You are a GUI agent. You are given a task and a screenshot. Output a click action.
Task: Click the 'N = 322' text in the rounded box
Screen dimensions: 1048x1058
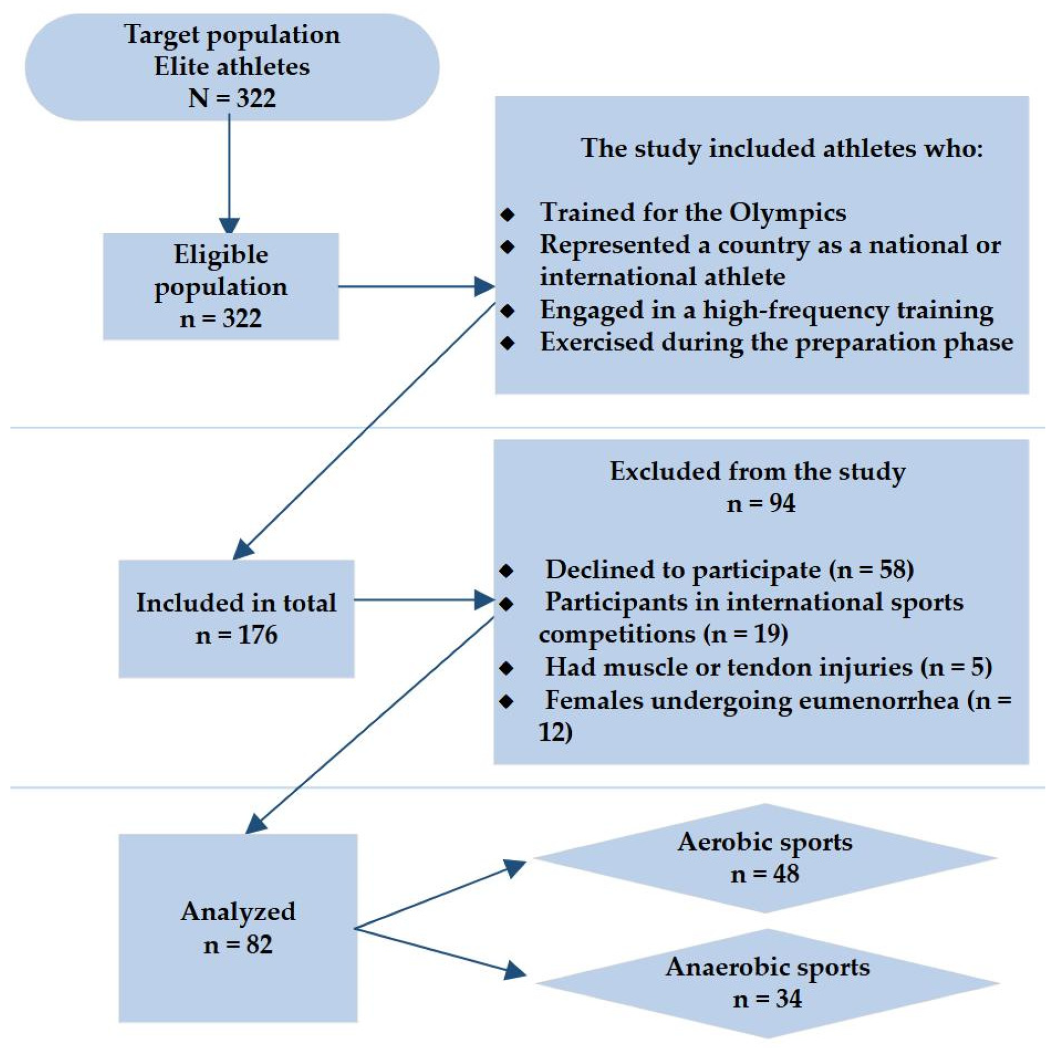(x=232, y=99)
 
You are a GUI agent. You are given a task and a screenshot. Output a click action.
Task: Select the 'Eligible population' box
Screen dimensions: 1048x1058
(x=221, y=286)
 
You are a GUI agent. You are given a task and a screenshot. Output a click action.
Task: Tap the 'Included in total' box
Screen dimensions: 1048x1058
(x=236, y=618)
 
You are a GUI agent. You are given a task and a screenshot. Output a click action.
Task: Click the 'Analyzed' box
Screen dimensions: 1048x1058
(x=238, y=928)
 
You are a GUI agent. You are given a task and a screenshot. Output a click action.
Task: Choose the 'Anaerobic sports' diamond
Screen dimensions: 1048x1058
(x=767, y=983)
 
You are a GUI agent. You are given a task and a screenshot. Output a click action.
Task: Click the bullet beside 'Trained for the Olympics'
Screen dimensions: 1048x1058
(x=508, y=214)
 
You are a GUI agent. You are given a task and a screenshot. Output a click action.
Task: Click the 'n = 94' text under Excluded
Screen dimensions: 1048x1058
(x=761, y=503)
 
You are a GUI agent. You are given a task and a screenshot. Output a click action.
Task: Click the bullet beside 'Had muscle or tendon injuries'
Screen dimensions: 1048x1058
(x=506, y=668)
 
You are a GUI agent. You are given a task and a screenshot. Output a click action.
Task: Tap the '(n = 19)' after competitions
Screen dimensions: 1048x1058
(x=746, y=634)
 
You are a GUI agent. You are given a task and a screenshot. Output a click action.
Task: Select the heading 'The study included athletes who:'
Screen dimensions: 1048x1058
(x=781, y=148)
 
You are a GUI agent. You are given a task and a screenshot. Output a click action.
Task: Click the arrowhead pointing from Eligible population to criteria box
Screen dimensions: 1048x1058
(x=484, y=286)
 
